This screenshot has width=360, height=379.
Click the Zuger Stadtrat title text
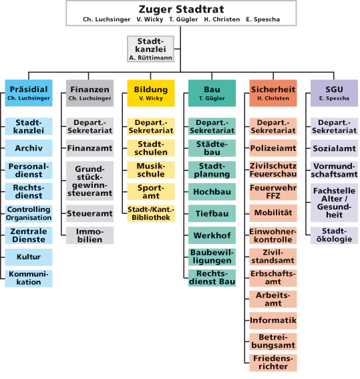click(181, 9)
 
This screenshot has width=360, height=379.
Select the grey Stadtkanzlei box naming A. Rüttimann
click(151, 49)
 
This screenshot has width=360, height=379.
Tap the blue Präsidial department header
click(29, 93)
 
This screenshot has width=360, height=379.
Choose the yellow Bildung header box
click(151, 93)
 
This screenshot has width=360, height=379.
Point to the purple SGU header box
click(334, 93)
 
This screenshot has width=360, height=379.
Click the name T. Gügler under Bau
click(212, 98)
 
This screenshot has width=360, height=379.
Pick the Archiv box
click(29, 148)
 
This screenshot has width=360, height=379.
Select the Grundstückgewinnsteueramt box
click(89, 180)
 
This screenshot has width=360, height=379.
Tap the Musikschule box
click(151, 170)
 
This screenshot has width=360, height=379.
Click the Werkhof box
click(212, 235)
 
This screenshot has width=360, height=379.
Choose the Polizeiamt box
click(273, 148)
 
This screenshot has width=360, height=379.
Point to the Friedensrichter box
click(273, 362)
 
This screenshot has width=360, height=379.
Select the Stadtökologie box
click(334, 235)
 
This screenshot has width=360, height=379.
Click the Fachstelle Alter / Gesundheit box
click(334, 203)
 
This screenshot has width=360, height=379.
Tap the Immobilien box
click(89, 235)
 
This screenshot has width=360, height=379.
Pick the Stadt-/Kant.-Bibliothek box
click(151, 213)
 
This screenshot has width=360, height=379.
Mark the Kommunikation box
click(29, 279)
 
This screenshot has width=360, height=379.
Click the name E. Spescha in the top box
click(263, 19)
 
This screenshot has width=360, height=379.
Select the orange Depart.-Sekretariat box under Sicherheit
click(273, 126)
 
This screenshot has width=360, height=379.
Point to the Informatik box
click(273, 320)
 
